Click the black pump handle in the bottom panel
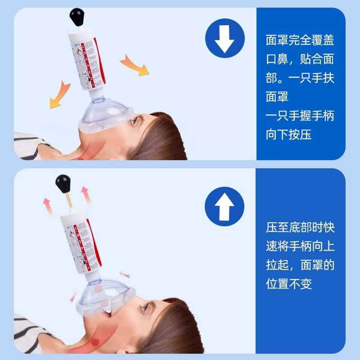(x=64, y=184)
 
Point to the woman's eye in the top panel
(x=134, y=121)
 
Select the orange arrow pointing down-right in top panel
(x=135, y=66)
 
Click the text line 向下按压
(x=288, y=135)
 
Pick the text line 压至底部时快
(x=300, y=227)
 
